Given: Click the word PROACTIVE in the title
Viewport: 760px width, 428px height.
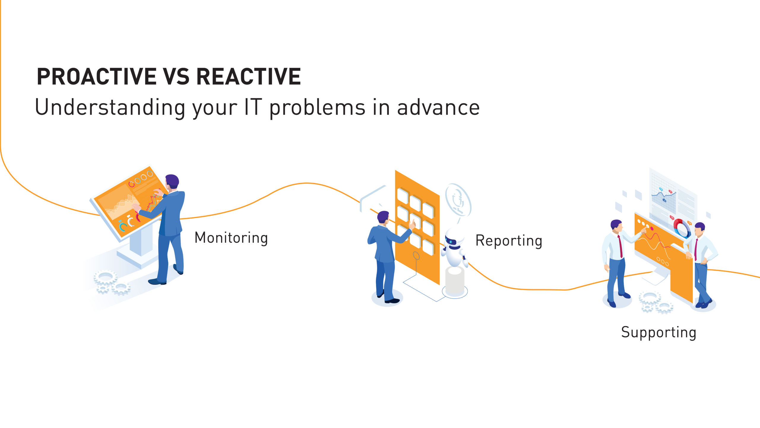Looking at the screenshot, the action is (96, 76).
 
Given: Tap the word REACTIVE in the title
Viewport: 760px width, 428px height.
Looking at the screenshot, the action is (249, 76).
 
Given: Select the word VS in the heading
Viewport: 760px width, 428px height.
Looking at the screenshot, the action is (176, 76).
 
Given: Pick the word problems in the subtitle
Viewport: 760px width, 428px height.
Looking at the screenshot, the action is (317, 108).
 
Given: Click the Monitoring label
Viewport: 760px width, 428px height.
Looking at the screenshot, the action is (231, 238).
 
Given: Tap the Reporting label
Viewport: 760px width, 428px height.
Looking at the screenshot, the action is (509, 241).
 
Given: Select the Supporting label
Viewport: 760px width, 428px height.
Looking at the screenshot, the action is (659, 332).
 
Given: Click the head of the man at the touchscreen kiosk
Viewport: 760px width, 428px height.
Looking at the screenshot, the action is (172, 182).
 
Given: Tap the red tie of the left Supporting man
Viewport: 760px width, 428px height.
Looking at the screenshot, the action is (620, 246).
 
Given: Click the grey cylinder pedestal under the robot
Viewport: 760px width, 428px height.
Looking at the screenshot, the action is (455, 281).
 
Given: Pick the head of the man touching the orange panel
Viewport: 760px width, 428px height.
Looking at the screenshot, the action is (383, 217).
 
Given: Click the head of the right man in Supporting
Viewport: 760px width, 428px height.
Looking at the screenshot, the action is (700, 229).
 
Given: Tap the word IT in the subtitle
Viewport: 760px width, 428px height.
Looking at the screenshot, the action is (253, 107).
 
